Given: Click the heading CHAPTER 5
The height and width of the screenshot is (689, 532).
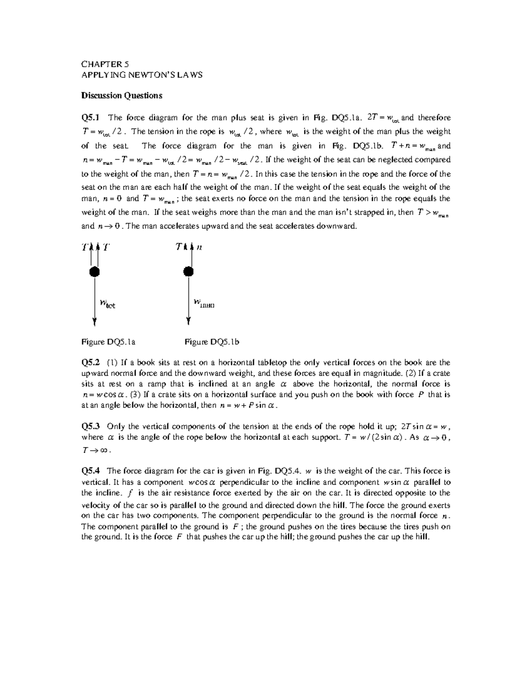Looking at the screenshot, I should pyautogui.click(x=105, y=64).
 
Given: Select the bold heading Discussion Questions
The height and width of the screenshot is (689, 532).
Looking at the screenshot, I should pyautogui.click(x=121, y=95).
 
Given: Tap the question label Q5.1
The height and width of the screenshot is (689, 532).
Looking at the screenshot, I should pyautogui.click(x=91, y=118).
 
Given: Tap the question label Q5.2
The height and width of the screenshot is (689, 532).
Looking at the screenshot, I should pyautogui.click(x=91, y=362).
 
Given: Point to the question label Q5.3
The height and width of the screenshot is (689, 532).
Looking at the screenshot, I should pyautogui.click(x=91, y=426).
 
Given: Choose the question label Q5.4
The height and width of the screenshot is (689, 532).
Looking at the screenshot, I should pyautogui.click(x=91, y=471).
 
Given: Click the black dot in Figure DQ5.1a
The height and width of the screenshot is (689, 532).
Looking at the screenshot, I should pyautogui.click(x=94, y=272).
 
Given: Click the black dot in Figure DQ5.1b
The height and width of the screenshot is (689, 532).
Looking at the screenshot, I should pyautogui.click(x=189, y=272).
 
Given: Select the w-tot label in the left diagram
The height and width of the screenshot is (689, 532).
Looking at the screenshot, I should pyautogui.click(x=107, y=304).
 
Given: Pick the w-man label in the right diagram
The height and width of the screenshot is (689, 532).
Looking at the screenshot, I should pyautogui.click(x=204, y=303).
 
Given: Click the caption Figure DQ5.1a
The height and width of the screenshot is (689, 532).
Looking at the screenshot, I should pyautogui.click(x=108, y=342).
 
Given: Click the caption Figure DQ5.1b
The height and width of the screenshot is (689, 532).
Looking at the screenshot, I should pyautogui.click(x=212, y=342).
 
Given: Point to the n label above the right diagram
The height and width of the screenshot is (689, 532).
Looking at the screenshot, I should pyautogui.click(x=199, y=248).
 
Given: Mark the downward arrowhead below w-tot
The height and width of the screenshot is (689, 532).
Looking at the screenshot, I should pyautogui.click(x=94, y=322).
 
